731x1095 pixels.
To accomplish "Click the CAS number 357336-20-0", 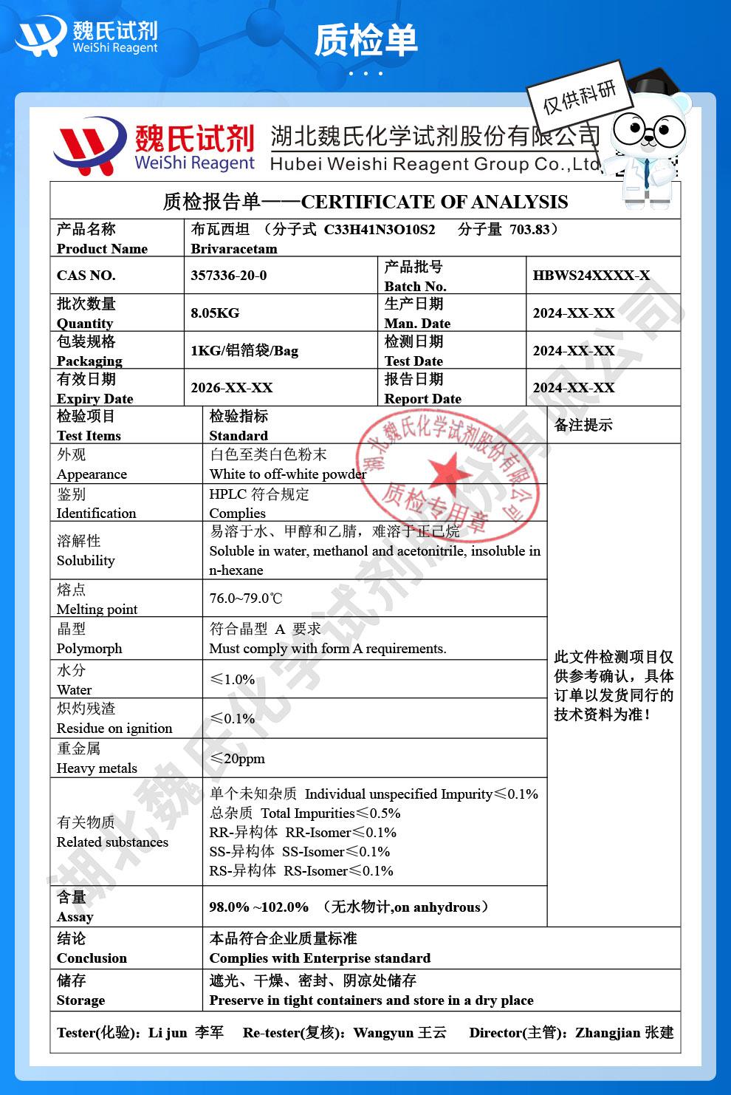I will (x=228, y=276).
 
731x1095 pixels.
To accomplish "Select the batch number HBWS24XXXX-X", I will (x=591, y=276).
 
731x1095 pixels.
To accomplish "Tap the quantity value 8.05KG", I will (x=215, y=313).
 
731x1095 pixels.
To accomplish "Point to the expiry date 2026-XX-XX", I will (x=231, y=388).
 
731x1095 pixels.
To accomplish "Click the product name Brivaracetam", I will (x=234, y=248).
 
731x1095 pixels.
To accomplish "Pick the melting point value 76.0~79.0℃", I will (x=246, y=598).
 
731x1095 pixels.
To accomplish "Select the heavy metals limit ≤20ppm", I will (x=237, y=759).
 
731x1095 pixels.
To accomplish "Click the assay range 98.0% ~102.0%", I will (x=259, y=907).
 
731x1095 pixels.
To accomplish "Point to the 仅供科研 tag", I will (x=579, y=97).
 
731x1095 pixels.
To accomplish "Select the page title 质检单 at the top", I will (x=365, y=40).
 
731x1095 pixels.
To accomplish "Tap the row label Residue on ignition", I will (x=114, y=728).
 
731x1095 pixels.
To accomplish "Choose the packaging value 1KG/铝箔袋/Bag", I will (x=244, y=351).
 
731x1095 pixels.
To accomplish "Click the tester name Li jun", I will (x=168, y=1032).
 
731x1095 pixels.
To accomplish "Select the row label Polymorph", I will (x=89, y=648).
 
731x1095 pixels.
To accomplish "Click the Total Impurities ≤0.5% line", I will (x=304, y=813).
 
